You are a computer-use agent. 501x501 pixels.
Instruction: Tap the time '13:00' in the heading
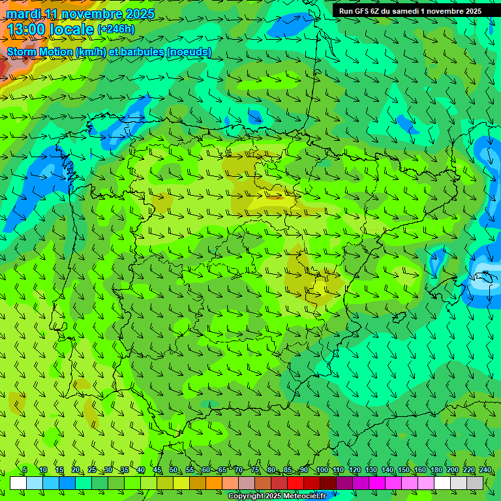(x=27, y=29)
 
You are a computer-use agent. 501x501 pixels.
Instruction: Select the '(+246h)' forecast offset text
(x=116, y=29)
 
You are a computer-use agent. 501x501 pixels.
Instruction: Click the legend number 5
(x=25, y=470)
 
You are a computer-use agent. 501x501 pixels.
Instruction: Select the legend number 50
(x=173, y=470)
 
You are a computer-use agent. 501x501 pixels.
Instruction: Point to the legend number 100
(x=322, y=470)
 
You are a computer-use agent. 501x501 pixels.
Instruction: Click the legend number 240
(x=485, y=470)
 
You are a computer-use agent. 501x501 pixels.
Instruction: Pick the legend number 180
(x=436, y=470)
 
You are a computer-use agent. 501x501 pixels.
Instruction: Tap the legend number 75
(x=254, y=470)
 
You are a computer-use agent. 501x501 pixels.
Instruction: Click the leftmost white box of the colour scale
(x=18, y=483)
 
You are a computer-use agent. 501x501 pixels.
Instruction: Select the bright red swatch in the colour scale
(x=296, y=483)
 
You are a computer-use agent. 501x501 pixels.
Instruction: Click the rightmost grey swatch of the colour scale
(x=475, y=483)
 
